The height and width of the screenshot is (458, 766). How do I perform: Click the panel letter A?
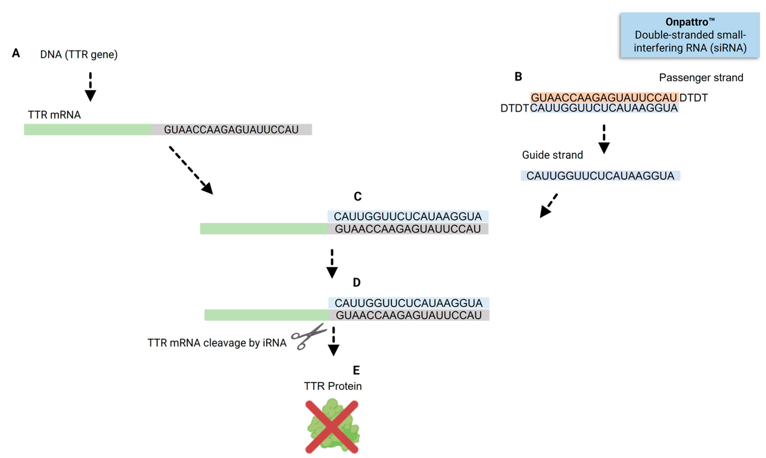click(16, 53)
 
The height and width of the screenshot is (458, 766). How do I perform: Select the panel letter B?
click(518, 77)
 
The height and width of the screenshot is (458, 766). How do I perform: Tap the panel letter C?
click(357, 197)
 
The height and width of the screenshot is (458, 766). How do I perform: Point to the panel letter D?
click(357, 282)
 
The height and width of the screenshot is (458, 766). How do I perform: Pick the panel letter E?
click(356, 370)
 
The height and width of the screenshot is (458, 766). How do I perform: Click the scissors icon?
click(308, 336)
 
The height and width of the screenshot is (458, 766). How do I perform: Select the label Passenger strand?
click(701, 78)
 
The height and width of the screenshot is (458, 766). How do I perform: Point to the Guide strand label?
click(552, 155)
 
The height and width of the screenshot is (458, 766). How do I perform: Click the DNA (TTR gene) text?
click(79, 55)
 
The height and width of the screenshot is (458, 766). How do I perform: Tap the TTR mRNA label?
click(54, 115)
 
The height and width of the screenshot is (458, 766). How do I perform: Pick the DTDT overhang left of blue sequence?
click(514, 108)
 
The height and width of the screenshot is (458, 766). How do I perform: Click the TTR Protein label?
click(332, 386)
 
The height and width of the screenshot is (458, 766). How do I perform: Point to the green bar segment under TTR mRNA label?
click(88, 130)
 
